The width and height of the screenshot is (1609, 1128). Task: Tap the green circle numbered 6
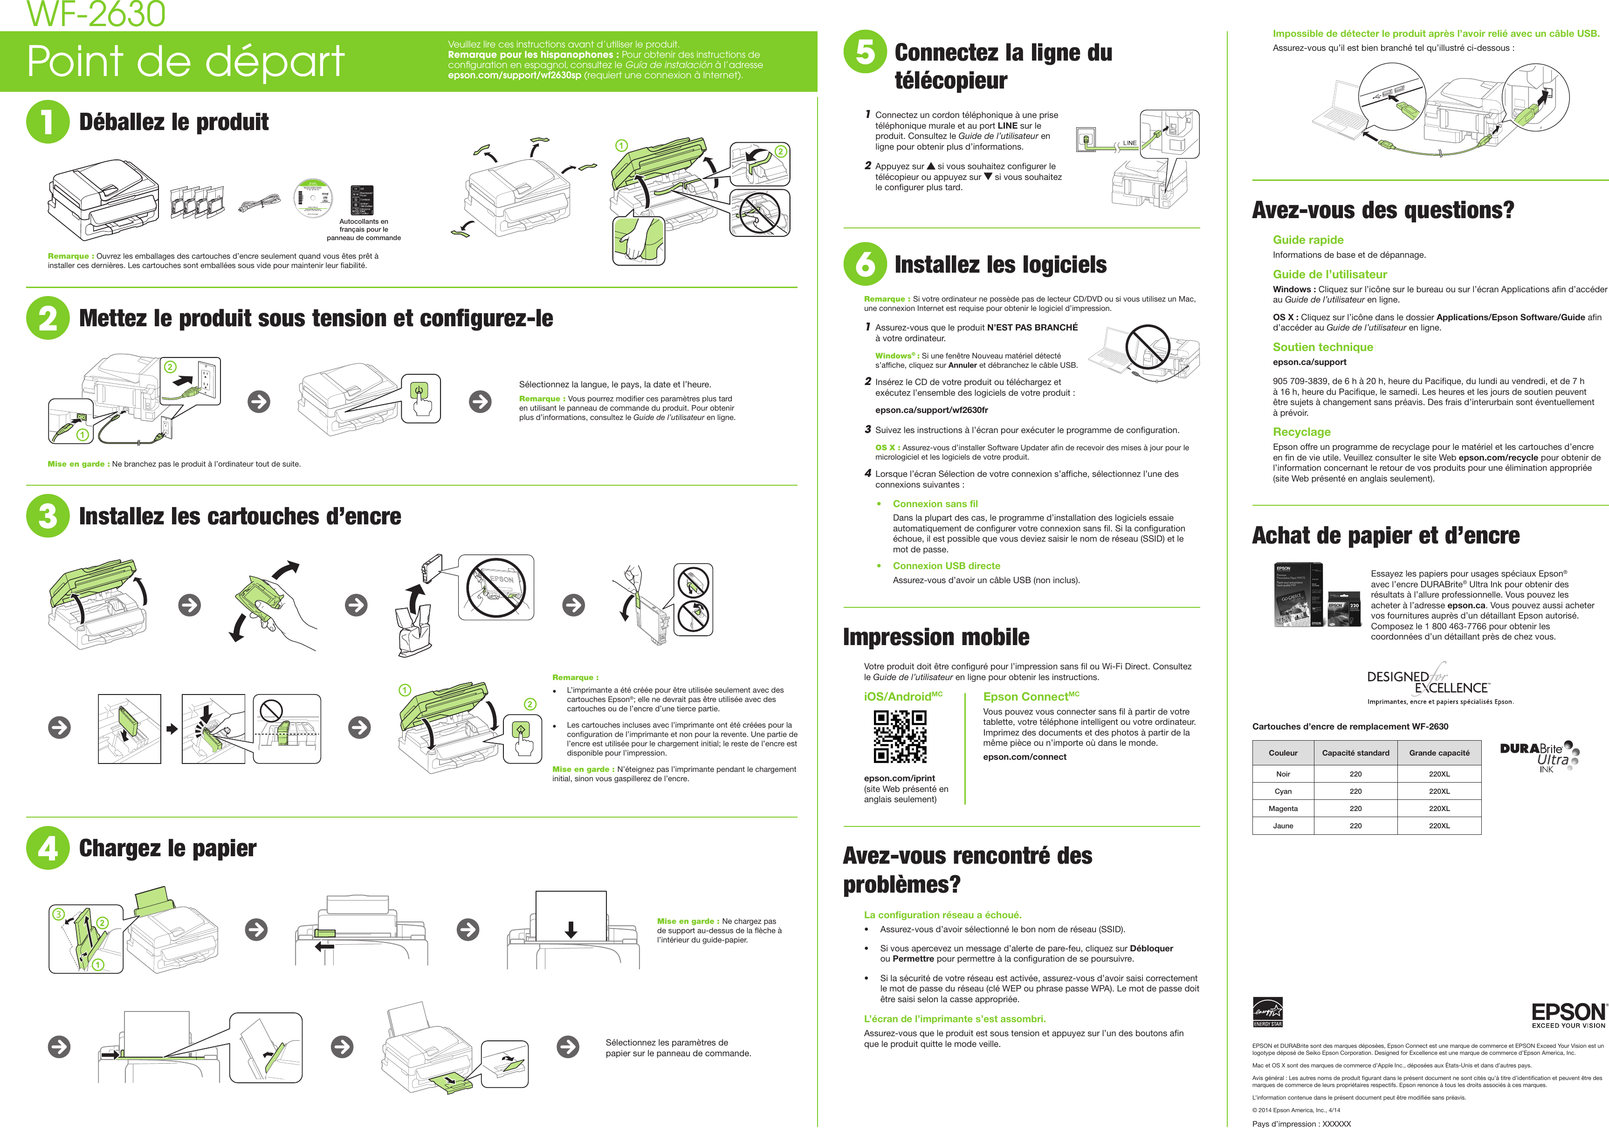coord(865,264)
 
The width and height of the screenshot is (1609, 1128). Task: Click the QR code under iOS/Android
coord(900,736)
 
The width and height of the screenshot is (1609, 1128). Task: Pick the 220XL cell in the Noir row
coord(1439,774)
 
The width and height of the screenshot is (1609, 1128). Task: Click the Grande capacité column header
coord(1439,753)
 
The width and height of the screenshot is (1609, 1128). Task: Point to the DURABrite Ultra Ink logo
coord(1539,757)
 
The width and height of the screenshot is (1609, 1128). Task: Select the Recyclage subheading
coord(1301,432)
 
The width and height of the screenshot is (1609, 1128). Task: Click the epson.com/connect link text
coord(1024,757)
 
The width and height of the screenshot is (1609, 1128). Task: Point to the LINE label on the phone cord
coord(1130,143)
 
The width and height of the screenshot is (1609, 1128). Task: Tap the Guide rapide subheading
coord(1308,240)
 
